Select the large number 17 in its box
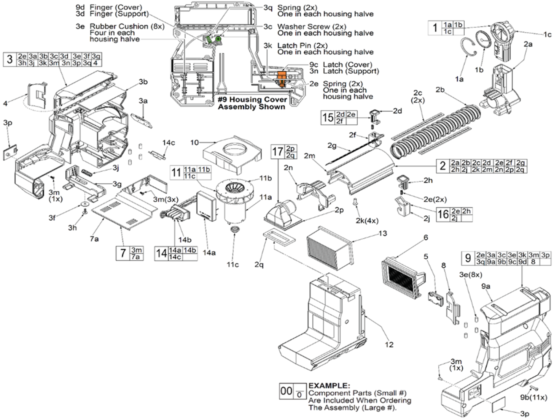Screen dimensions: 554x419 tap(278, 152)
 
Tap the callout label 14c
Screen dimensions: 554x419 tap(169, 142)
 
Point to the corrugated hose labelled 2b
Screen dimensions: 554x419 tap(435, 132)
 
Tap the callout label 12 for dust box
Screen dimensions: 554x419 tap(389, 345)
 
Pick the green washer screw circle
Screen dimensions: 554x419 tap(218, 39)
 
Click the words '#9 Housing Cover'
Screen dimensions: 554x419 tap(252, 100)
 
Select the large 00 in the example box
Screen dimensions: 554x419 tap(286, 391)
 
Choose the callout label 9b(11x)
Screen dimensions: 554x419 tap(533, 397)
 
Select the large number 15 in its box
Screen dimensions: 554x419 tap(328, 118)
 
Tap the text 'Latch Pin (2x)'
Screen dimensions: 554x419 tap(302, 46)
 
